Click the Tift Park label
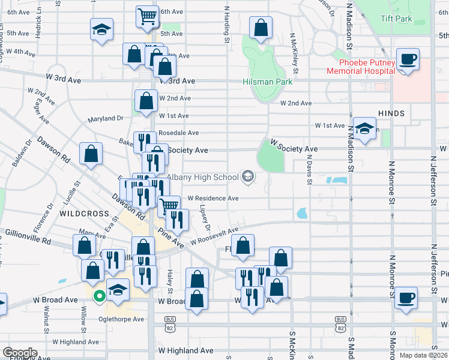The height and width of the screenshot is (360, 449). pyautogui.click(x=397, y=18)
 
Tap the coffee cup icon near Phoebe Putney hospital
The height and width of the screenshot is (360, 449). pyautogui.click(x=408, y=60)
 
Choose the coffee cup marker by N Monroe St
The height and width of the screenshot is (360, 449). pyautogui.click(x=406, y=298)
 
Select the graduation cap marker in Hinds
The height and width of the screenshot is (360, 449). pyautogui.click(x=364, y=128)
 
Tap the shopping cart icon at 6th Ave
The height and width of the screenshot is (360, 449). pyautogui.click(x=147, y=17)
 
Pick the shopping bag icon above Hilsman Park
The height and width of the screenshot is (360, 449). pyautogui.click(x=261, y=28)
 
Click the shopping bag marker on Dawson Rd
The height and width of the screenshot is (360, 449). pyautogui.click(x=90, y=153)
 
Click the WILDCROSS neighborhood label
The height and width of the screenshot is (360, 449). pyautogui.click(x=83, y=214)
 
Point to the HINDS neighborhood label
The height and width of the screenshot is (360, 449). pyautogui.click(x=391, y=113)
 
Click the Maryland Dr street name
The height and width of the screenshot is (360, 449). pyautogui.click(x=105, y=119)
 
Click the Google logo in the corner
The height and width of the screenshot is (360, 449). pyautogui.click(x=20, y=353)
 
